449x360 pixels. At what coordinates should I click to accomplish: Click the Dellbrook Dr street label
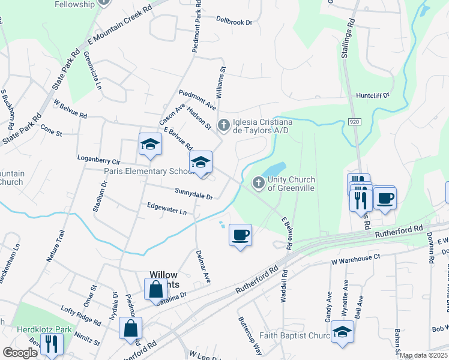[x=235, y=21]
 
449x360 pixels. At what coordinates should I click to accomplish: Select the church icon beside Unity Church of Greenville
[x=259, y=182]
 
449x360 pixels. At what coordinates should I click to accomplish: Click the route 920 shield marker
[x=354, y=122]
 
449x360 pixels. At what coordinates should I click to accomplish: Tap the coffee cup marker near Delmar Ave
[x=240, y=235]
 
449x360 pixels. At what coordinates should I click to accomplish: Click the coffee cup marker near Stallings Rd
[x=384, y=197]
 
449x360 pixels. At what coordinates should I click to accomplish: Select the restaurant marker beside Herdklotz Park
[x=52, y=343]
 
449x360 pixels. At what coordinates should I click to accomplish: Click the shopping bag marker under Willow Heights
[x=155, y=289]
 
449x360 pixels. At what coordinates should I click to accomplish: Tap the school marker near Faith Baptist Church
[x=342, y=332]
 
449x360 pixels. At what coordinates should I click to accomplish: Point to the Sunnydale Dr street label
[x=194, y=194]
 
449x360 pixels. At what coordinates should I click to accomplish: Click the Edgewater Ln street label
[x=167, y=209]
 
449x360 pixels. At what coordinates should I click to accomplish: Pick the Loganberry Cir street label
[x=99, y=162]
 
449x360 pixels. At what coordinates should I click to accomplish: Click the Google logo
[x=20, y=353]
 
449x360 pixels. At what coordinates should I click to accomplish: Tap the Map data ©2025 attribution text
[x=423, y=355]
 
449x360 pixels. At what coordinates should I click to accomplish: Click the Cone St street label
[x=51, y=130]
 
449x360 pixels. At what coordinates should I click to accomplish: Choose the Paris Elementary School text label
[x=147, y=171]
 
